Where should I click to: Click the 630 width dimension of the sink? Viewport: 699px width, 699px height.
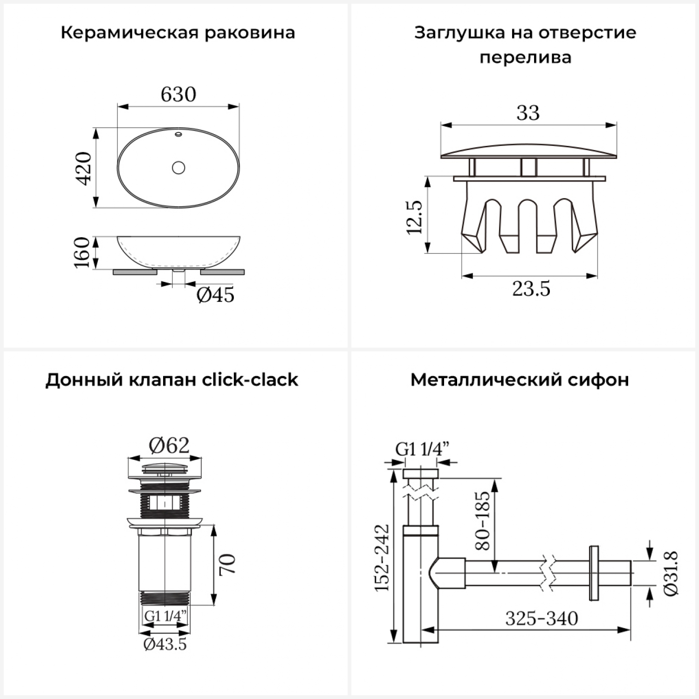point(178,95)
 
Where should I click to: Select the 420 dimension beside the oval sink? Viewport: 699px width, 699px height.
point(84,168)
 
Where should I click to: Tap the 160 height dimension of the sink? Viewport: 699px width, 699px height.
point(82,252)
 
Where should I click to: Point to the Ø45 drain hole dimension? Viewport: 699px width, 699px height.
point(215,295)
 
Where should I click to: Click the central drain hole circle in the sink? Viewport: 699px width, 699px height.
point(178,167)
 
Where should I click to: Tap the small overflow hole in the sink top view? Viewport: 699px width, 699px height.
point(178,135)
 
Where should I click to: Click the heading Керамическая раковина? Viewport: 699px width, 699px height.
point(178,33)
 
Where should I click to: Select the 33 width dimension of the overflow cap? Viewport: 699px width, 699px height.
point(528,113)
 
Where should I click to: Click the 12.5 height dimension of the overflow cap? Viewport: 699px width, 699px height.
point(414,217)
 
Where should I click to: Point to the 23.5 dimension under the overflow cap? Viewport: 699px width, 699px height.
point(531,289)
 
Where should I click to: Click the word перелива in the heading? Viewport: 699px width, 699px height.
point(525,57)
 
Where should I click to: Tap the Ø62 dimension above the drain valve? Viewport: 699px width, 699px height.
point(169,446)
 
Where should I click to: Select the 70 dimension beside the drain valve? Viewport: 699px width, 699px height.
point(228,564)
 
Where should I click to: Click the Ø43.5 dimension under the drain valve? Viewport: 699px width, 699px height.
point(165,644)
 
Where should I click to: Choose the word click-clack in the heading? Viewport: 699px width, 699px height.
point(250,380)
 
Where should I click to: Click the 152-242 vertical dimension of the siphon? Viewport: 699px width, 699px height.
point(383,558)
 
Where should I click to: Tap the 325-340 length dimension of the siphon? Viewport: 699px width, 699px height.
point(541,619)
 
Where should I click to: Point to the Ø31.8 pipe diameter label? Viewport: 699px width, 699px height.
point(671,573)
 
